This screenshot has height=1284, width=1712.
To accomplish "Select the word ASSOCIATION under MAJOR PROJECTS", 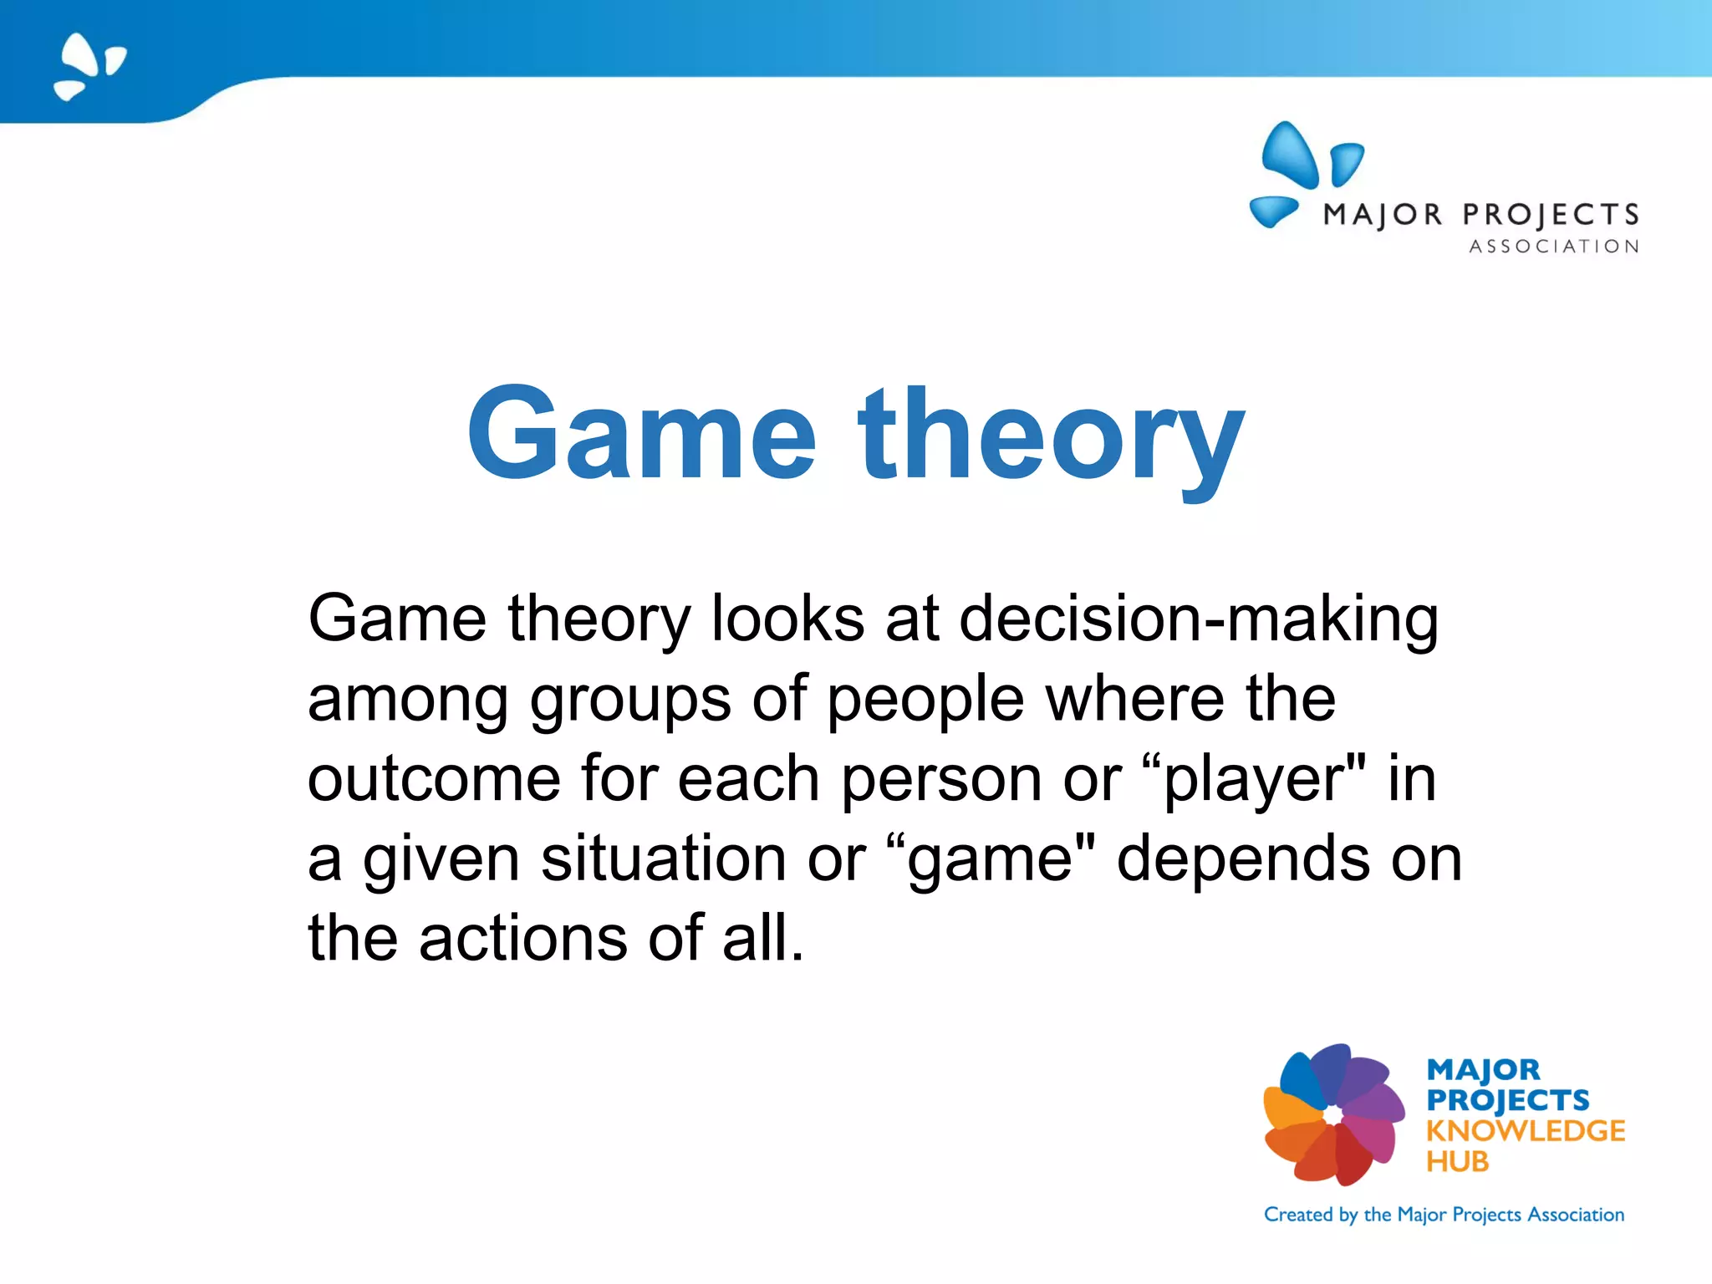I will point(1554,247).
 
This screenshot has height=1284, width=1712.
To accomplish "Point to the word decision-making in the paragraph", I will point(1199,620).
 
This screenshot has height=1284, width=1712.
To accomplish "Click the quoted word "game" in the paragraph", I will point(990,859).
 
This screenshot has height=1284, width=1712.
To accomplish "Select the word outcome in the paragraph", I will point(433,779).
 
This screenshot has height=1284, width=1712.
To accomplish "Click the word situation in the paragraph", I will point(663,859).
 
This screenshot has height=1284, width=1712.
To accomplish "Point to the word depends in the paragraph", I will point(1243,859).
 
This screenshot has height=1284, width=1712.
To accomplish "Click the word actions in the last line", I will point(522,939).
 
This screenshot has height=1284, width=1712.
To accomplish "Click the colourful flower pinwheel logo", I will point(1333,1115).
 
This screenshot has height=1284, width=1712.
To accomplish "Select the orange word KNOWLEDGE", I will point(1526,1131).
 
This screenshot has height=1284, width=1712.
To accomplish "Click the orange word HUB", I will point(1457,1162).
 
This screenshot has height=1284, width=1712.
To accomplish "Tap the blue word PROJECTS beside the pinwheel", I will point(1507,1100).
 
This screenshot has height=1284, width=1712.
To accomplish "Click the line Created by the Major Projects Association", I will point(1444,1215).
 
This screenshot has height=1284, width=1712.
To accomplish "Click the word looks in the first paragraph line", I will point(787,620).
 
